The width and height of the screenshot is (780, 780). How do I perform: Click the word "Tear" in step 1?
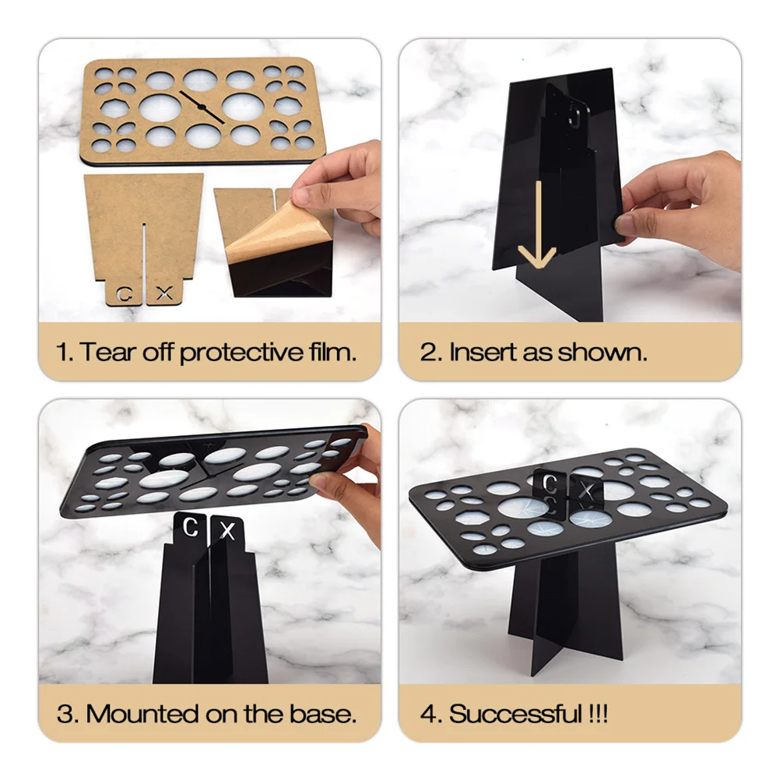(101, 351)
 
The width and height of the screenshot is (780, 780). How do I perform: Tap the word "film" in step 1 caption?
(330, 351)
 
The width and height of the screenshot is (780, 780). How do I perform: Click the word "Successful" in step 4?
(513, 713)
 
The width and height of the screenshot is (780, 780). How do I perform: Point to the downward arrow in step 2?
(536, 226)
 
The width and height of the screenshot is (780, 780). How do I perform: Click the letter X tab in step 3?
(227, 532)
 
